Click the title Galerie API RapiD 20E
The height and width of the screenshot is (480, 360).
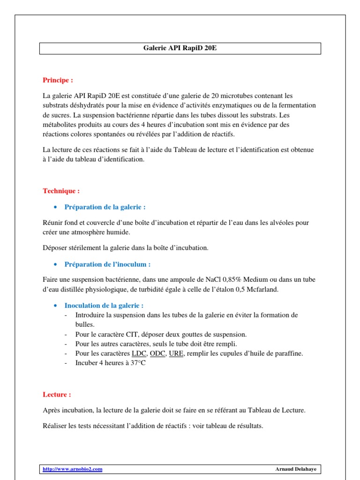(180, 48)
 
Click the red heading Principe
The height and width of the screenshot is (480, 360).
(58, 80)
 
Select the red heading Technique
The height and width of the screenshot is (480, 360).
(61, 191)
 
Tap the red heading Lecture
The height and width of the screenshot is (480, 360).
(57, 395)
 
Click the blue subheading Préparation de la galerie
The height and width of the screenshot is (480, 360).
(105, 207)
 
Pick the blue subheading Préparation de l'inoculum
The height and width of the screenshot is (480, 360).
(107, 264)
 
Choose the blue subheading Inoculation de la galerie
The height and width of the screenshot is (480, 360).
(104, 306)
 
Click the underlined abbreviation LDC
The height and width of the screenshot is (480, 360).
(139, 353)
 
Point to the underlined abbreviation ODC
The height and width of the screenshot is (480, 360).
(158, 353)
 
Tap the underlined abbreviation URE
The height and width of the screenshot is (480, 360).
(177, 353)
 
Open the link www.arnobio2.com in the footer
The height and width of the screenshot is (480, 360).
(72, 469)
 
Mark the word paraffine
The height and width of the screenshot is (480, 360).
(289, 353)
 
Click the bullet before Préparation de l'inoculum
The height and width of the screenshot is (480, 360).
(56, 264)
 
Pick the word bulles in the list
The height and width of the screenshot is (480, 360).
(85, 324)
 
